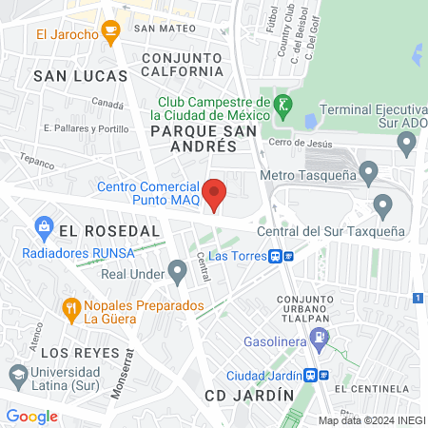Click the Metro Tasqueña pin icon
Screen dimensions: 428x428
[x=370, y=173]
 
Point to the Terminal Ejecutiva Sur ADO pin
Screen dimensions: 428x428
[x=408, y=145]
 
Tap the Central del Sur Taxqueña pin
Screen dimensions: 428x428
[x=383, y=205]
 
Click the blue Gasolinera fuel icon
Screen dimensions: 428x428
[x=321, y=336]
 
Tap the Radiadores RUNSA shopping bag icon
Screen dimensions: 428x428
[x=43, y=226]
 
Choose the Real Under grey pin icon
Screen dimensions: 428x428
[x=176, y=273]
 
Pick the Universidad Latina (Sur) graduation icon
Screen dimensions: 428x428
[x=16, y=372]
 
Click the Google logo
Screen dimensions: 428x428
[x=31, y=416]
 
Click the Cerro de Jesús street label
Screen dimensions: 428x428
[x=301, y=142]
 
